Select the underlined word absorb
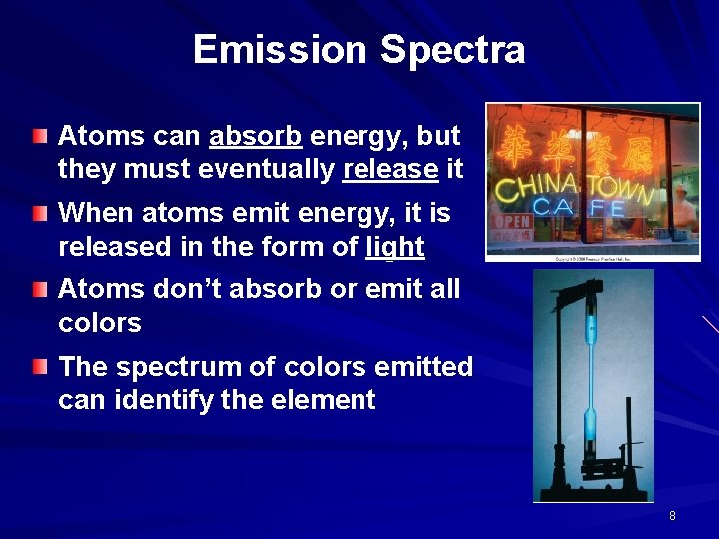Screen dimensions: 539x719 [x=255, y=136]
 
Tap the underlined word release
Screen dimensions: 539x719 [x=389, y=170]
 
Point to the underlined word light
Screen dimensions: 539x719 [x=395, y=247]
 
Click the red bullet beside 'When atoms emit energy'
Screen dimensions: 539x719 [x=39, y=212]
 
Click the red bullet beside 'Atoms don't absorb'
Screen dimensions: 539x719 [x=39, y=288]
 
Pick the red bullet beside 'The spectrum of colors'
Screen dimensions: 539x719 [x=39, y=366]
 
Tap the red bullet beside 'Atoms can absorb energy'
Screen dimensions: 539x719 [x=39, y=134]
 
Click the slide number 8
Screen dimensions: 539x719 [x=672, y=516]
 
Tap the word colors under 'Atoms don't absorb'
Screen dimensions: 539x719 [x=100, y=323]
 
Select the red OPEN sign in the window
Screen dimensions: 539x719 [x=513, y=220]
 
